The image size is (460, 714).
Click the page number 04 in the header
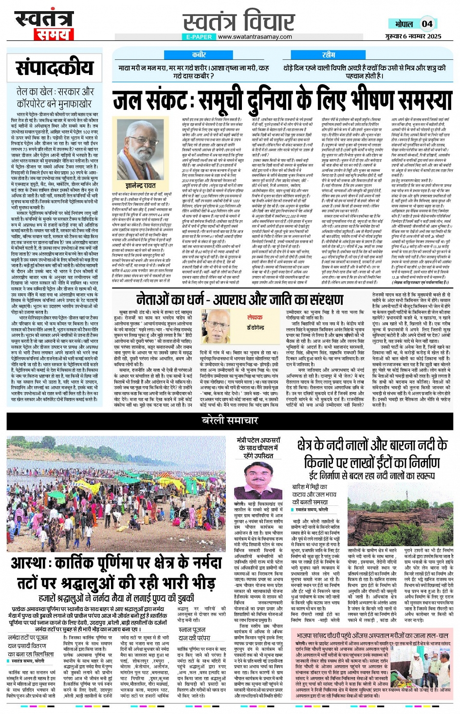[x=427, y=23]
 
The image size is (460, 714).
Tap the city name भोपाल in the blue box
[x=404, y=24]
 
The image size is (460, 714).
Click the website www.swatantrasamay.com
[x=255, y=36]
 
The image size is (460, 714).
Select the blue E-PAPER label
[x=199, y=36]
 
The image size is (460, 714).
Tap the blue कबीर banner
[x=199, y=55]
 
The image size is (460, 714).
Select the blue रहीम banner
[x=329, y=55]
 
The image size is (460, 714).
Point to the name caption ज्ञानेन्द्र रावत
[x=141, y=186]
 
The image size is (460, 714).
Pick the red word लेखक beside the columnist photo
[x=255, y=317]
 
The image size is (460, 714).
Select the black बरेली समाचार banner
[x=230, y=421]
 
